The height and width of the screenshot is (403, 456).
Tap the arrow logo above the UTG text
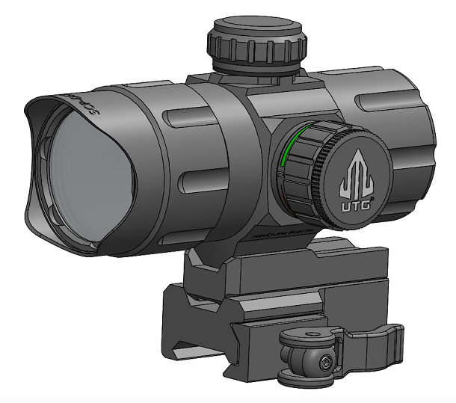click(x=356, y=170)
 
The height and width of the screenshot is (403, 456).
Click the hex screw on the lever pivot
click(x=326, y=362)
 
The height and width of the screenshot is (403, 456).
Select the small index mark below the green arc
click(x=280, y=173)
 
